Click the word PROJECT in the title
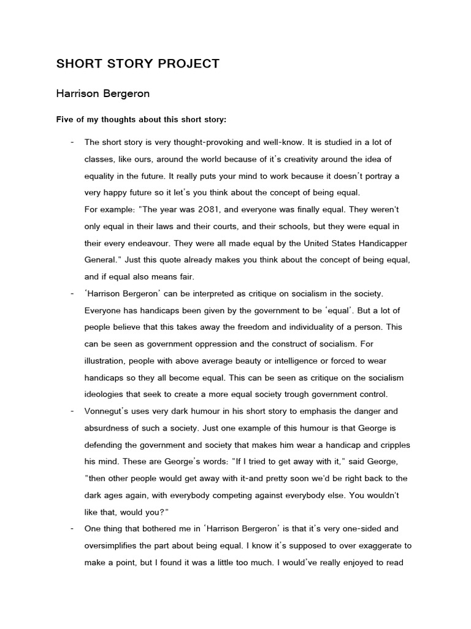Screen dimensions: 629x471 [x=190, y=64]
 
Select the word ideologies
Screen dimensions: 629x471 [x=105, y=394]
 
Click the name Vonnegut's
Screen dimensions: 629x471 [x=108, y=411]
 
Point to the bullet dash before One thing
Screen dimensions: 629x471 [x=72, y=528]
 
